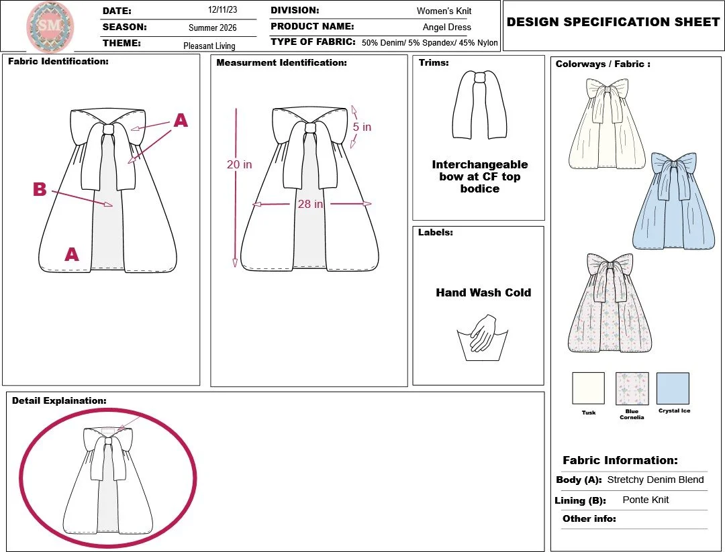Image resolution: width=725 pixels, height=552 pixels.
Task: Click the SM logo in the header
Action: [50, 27]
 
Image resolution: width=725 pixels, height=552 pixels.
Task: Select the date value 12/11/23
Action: [222, 11]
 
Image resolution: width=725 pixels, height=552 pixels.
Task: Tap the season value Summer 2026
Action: [212, 28]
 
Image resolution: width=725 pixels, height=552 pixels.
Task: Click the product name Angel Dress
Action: [446, 27]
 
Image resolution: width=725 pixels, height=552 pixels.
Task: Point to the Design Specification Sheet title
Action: [613, 22]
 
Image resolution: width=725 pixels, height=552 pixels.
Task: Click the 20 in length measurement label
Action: [239, 164]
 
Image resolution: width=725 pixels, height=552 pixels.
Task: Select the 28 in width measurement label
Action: [310, 204]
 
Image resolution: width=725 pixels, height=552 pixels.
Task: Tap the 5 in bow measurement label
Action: [362, 127]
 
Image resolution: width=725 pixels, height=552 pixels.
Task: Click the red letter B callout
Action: [40, 190]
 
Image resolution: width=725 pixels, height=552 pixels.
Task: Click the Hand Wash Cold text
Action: [483, 292]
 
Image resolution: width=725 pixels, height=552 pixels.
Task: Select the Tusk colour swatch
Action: [588, 388]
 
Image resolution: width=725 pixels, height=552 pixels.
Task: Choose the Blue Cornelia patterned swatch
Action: [632, 388]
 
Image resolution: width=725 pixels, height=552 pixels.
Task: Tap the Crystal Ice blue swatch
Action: [673, 388]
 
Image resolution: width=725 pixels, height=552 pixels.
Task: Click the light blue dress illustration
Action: [676, 201]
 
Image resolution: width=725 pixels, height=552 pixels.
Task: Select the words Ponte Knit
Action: [645, 500]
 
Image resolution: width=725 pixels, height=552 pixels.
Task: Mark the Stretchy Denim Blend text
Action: [655, 480]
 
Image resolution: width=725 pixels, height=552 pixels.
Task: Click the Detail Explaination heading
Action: [59, 400]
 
